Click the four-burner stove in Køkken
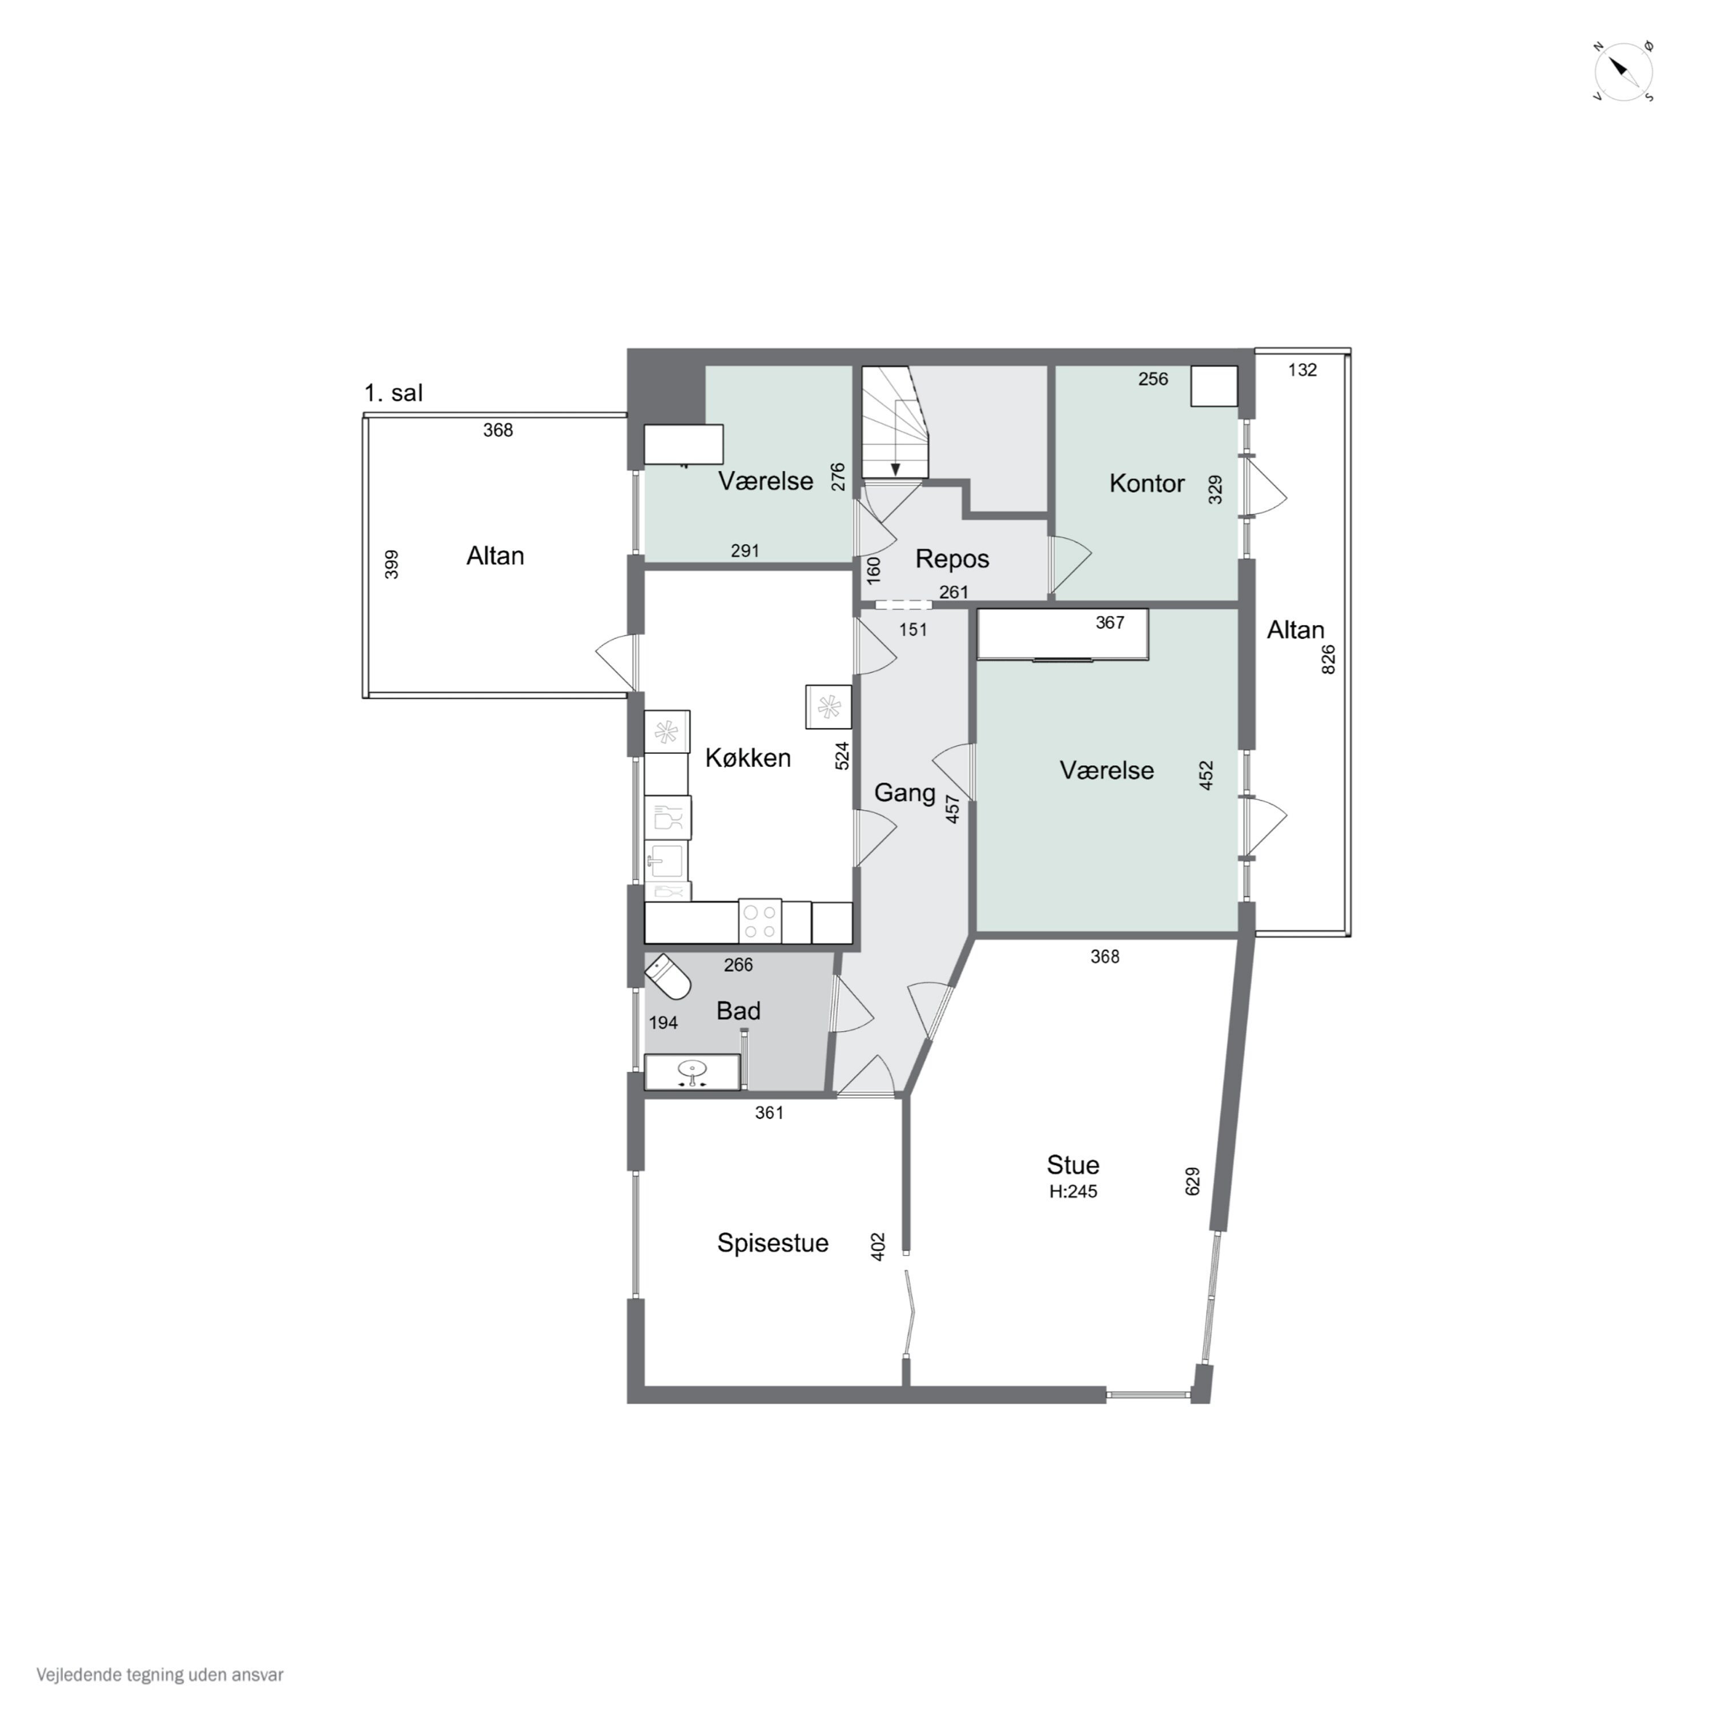[760, 921]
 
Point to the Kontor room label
[1147, 483]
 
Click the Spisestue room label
[772, 1243]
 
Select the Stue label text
[1073, 1164]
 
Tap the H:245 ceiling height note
[1073, 1192]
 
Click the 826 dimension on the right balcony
[1328, 660]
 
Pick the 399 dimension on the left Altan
[391, 565]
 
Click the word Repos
[952, 560]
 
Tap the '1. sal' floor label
[393, 393]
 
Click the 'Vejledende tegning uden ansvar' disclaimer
[160, 1675]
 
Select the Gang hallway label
[904, 793]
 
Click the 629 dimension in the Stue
[1193, 1181]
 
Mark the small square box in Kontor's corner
[1213, 387]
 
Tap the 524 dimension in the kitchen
[842, 755]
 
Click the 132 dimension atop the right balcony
[1302, 370]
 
